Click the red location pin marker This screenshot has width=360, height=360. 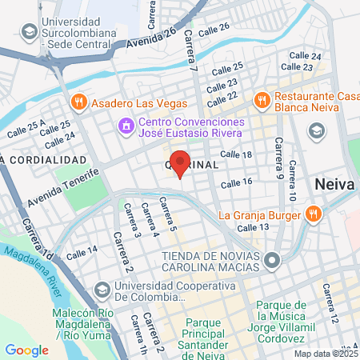point(180,162)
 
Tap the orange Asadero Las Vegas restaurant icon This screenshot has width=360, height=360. point(78,103)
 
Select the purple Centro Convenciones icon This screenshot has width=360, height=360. point(125,126)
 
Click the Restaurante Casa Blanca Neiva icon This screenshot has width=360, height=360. point(261,99)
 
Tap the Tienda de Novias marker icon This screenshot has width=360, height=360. point(273,260)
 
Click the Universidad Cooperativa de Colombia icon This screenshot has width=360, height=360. point(102,289)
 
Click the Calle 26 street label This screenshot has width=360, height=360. point(214,27)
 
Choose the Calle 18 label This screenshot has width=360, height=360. point(236,154)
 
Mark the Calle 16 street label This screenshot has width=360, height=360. point(237,183)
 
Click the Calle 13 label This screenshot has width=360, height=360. point(253,227)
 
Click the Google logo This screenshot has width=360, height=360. point(26,349)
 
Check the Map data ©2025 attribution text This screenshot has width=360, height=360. point(325,353)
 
